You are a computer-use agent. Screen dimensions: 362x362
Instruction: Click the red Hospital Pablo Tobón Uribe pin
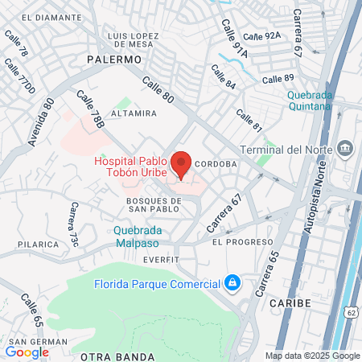click(182, 163)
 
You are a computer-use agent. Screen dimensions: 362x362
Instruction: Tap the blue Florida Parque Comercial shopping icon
click(232, 283)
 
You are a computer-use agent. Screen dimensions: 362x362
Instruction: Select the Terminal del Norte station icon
click(346, 149)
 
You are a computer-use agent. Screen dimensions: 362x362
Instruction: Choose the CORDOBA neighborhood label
click(215, 163)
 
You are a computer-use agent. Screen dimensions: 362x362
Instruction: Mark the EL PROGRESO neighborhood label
click(238, 241)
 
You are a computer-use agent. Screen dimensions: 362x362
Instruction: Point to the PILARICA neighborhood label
click(38, 244)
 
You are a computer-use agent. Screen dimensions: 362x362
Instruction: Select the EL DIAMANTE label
click(50, 16)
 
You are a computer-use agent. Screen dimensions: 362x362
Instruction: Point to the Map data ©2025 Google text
click(313, 356)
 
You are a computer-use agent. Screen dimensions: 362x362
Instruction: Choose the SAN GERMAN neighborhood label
click(25, 342)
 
